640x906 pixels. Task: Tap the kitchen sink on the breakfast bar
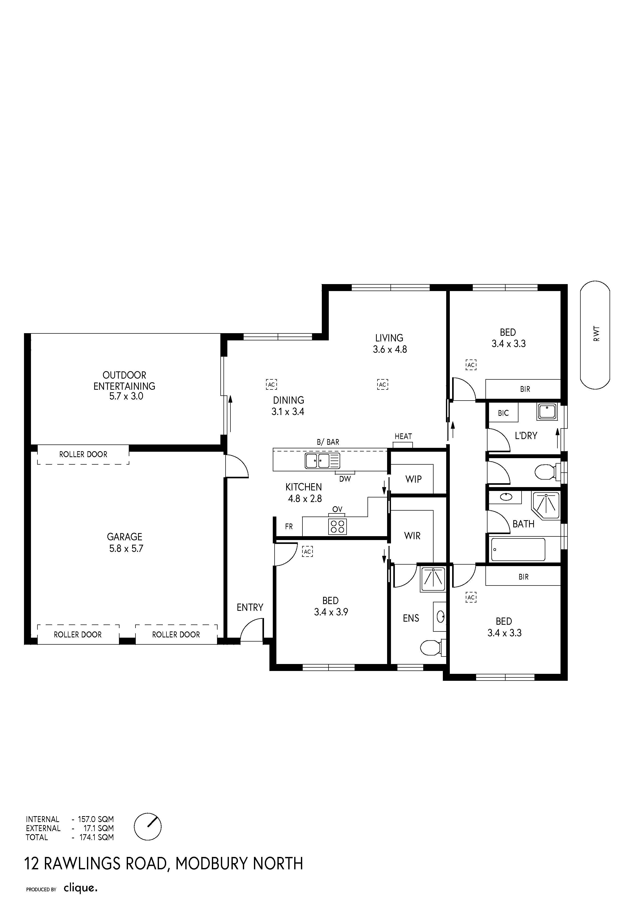322,461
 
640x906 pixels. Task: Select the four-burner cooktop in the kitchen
338,526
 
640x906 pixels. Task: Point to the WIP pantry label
413,479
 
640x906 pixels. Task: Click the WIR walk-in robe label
412,536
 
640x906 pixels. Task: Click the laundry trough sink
547,412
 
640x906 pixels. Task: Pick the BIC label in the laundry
503,413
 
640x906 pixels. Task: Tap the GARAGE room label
125,537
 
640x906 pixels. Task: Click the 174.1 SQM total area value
97,837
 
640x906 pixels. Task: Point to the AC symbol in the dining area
271,384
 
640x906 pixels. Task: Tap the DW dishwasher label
345,479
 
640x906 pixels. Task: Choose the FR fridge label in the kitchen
289,526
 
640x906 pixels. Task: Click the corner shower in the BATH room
546,505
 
